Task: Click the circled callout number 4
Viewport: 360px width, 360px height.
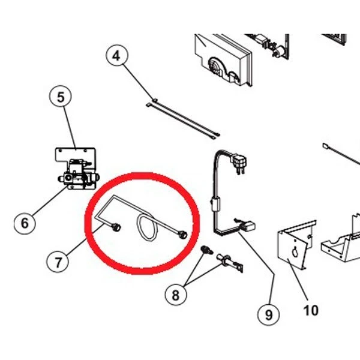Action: point(116,56)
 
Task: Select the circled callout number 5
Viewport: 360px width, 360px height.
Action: point(61,97)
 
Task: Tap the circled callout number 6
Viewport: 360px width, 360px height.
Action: point(25,223)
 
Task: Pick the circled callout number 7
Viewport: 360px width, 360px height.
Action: point(58,262)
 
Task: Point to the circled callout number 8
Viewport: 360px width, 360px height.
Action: point(176,295)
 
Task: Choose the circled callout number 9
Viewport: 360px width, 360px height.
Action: point(269,314)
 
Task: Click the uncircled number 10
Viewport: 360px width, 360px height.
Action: point(311,310)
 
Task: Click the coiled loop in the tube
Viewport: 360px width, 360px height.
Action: point(147,228)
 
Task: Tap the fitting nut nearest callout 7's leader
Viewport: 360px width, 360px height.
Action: point(116,227)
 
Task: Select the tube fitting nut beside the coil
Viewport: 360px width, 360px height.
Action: point(183,235)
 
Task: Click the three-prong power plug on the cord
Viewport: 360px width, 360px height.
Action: point(239,163)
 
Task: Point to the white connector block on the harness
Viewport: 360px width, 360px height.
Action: point(248,226)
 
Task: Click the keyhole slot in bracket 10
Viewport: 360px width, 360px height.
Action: point(295,253)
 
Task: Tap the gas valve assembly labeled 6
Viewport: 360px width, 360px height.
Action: point(79,175)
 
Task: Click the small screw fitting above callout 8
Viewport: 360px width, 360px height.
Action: point(206,250)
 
